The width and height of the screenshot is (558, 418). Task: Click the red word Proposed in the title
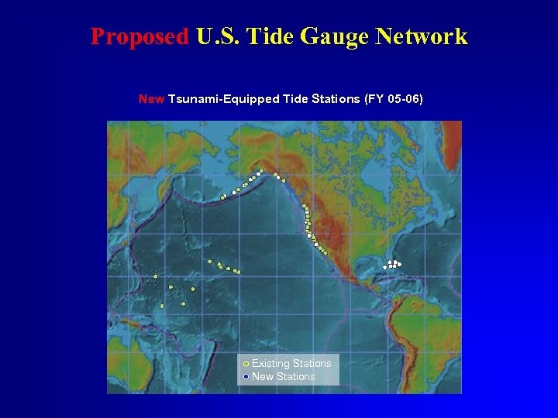[x=139, y=36]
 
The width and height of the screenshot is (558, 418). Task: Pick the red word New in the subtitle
[x=150, y=99]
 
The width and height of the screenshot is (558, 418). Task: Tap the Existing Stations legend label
[x=291, y=363]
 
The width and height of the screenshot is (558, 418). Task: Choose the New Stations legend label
[x=284, y=376]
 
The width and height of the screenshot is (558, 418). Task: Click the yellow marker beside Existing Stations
[x=246, y=363]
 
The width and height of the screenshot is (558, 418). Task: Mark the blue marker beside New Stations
[x=246, y=376]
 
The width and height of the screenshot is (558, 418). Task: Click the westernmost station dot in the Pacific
[x=155, y=276]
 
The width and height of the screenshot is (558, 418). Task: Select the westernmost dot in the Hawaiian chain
[x=209, y=262]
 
